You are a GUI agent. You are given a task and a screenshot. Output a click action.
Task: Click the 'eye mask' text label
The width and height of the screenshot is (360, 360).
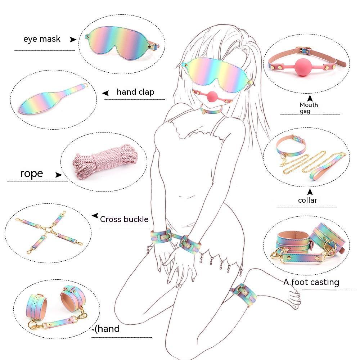tap(42, 39)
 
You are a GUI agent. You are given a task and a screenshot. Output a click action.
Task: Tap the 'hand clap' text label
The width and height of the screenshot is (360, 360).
tap(135, 92)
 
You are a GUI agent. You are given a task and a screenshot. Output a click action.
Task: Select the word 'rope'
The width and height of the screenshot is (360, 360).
tap(31, 174)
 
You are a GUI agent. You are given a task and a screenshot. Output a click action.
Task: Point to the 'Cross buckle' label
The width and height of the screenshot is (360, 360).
tap(124, 219)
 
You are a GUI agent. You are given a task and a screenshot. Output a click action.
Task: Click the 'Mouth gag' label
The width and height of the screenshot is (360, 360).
tap(309, 108)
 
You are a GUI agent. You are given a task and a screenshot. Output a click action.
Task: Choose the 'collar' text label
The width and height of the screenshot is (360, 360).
tap(307, 200)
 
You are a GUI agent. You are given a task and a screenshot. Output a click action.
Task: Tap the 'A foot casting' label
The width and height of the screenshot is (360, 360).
tap(311, 282)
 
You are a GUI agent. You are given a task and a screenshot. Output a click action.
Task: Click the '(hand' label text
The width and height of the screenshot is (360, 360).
tap(107, 329)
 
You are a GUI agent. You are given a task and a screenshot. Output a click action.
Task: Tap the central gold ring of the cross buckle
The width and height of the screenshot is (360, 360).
tap(49, 230)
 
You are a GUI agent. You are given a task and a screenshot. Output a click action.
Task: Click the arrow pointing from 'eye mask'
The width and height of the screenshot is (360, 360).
tap(73, 40)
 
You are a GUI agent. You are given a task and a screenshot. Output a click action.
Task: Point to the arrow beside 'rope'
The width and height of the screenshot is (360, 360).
tap(59, 175)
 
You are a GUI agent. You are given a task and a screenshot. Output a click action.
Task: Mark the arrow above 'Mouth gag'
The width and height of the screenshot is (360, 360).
tap(310, 98)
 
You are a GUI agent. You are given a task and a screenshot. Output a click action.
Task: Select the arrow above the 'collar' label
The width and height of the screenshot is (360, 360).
tap(310, 192)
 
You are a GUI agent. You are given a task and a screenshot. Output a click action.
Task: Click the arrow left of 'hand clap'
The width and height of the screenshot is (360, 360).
tap(105, 93)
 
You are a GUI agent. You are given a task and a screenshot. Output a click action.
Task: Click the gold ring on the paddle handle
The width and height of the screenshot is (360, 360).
tap(85, 85)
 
